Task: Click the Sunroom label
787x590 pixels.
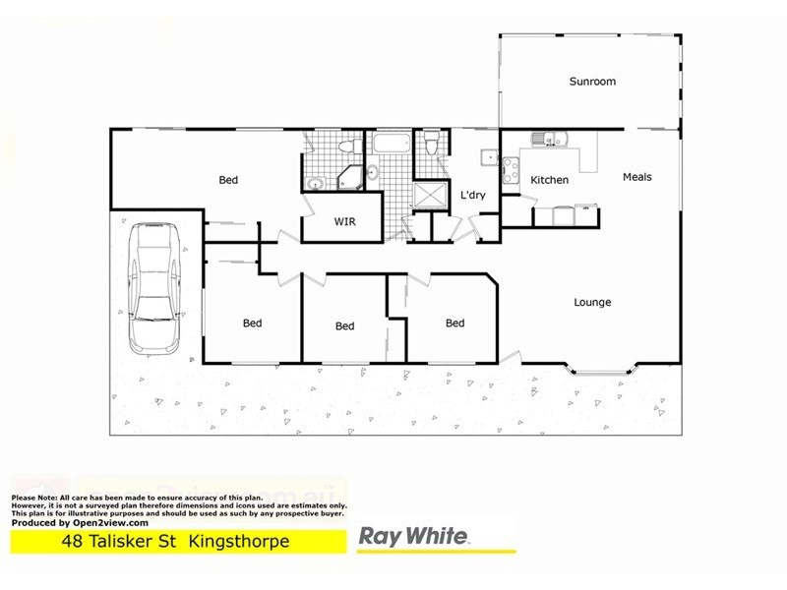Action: point(592,82)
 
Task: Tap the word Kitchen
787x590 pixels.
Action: point(550,180)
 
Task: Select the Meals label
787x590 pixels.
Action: point(637,177)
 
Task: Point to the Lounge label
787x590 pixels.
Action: point(592,302)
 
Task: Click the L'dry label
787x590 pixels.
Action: point(473,196)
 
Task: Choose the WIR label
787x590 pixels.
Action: point(344,222)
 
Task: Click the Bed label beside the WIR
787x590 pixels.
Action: point(228,180)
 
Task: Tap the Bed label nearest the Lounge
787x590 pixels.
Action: point(454,323)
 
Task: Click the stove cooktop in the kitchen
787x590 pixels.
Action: point(511,170)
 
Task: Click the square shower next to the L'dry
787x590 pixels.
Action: point(428,197)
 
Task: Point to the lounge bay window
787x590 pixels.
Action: point(601,372)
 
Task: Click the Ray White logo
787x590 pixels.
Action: point(413,537)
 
